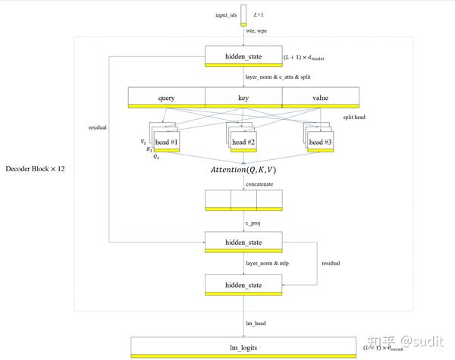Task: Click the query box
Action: pyautogui.click(x=166, y=98)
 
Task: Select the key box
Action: pyautogui.click(x=243, y=98)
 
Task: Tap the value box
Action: pyautogui.click(x=319, y=98)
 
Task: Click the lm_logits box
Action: pyautogui.click(x=243, y=346)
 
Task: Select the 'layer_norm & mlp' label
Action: pyautogui.click(x=266, y=263)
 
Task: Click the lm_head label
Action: pyautogui.click(x=256, y=323)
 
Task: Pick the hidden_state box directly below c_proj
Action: pyautogui.click(x=243, y=242)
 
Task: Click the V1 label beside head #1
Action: pyautogui.click(x=143, y=142)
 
